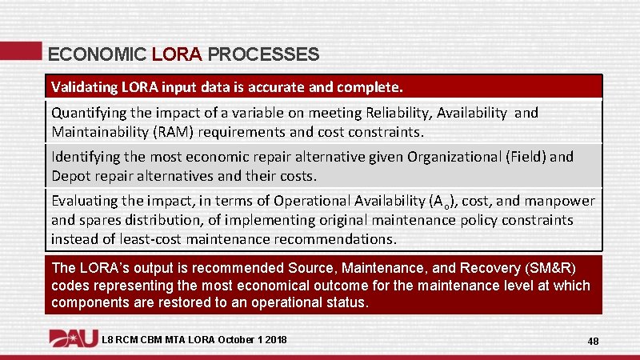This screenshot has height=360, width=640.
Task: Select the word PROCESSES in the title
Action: pyautogui.click(x=263, y=54)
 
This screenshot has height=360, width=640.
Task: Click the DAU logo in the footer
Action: pyautogui.click(x=73, y=338)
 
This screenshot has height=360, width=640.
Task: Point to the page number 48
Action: pyautogui.click(x=593, y=341)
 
